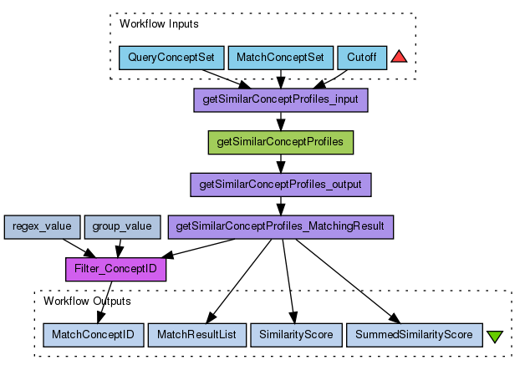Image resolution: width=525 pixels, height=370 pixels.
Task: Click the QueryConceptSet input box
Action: click(171, 58)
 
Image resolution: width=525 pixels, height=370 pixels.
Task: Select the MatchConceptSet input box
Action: click(280, 58)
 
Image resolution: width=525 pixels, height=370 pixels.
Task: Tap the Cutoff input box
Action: click(362, 58)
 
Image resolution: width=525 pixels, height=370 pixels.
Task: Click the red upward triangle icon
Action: click(399, 57)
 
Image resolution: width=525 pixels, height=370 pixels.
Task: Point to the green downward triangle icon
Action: click(494, 336)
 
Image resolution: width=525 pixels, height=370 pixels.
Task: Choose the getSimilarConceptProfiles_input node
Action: click(281, 100)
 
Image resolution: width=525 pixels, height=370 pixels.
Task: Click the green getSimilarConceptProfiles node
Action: click(280, 142)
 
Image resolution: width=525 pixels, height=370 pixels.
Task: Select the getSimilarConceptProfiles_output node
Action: click(281, 184)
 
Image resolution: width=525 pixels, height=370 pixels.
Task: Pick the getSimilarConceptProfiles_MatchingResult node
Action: click(280, 226)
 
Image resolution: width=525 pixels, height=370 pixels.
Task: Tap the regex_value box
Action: click(43, 226)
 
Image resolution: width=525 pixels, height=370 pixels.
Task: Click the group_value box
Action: click(122, 226)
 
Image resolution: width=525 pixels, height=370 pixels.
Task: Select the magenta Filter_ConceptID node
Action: click(116, 269)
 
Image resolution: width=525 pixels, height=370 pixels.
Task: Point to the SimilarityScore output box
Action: click(295, 335)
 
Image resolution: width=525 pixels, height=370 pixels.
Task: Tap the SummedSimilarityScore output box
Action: click(413, 335)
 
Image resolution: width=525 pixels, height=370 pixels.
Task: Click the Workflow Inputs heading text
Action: click(159, 24)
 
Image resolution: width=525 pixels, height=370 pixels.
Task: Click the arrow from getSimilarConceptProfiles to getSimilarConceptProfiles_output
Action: click(281, 163)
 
